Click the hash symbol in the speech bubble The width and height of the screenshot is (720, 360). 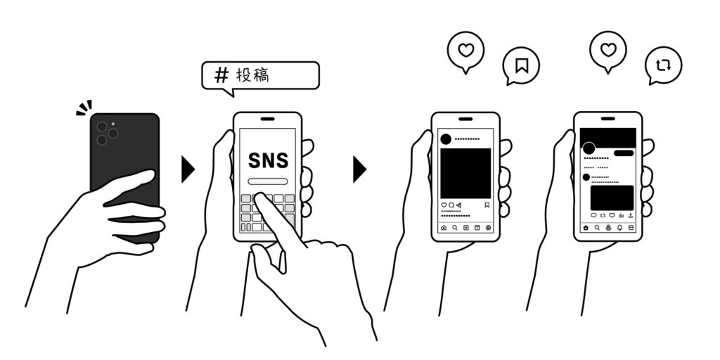point(221,75)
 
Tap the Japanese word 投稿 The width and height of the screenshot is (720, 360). point(252,75)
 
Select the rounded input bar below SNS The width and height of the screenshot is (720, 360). point(268,181)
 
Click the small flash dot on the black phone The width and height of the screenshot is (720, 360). point(113,124)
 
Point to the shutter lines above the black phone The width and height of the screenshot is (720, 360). point(84,108)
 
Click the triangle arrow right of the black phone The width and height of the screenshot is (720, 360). point(188,169)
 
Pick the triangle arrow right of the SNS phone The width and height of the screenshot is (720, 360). point(359,169)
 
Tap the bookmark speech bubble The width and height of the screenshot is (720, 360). point(521,65)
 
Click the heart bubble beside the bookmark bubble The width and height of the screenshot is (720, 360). point(465,51)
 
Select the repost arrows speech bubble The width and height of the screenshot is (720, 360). point(663,65)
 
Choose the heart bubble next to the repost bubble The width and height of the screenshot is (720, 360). point(608,50)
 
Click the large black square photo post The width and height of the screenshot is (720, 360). point(465,173)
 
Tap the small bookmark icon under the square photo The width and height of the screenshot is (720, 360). point(487,205)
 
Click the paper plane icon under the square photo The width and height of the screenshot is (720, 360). point(458,205)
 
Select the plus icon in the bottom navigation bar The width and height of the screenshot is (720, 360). point(465,228)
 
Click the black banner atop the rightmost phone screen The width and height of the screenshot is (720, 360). point(608,138)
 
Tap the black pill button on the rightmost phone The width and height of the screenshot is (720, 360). point(624,153)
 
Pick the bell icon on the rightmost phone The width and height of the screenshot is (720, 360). point(619,228)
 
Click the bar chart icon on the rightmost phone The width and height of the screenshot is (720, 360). point(622,215)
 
